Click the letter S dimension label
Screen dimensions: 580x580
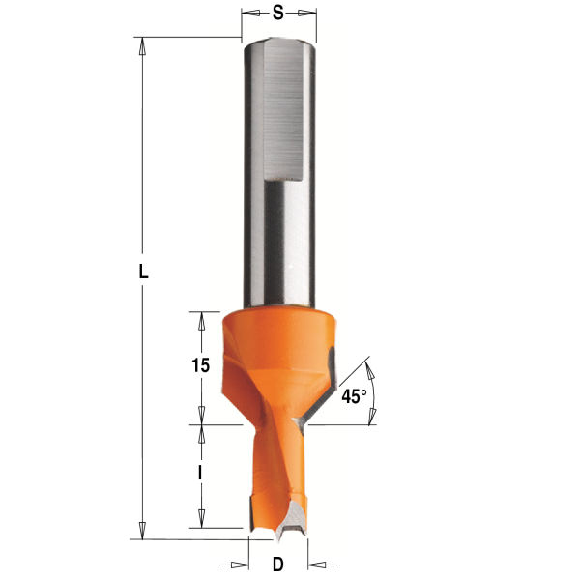pyautogui.click(x=277, y=13)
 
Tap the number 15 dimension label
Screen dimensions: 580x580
pyautogui.click(x=201, y=365)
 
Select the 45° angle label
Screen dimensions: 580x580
pyautogui.click(x=354, y=396)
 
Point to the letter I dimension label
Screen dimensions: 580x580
pyautogui.click(x=200, y=473)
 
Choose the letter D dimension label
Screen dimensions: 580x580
pyautogui.click(x=277, y=565)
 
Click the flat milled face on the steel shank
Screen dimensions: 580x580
pyautogui.click(x=283, y=109)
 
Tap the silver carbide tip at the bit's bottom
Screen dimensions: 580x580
pyautogui.click(x=293, y=520)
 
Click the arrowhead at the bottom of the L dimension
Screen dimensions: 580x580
pyautogui.click(x=142, y=531)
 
